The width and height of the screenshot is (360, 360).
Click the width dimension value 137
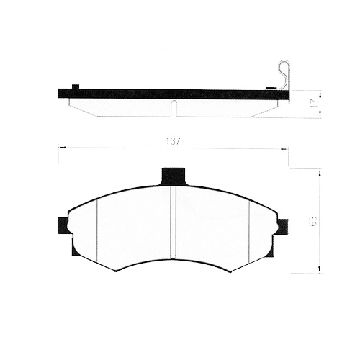click(x=173, y=141)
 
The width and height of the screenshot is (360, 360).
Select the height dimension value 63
click(x=312, y=221)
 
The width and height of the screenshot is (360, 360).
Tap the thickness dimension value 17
click(x=312, y=103)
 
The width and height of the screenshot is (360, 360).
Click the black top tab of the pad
click(x=173, y=176)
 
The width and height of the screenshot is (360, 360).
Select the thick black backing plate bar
click(x=173, y=94)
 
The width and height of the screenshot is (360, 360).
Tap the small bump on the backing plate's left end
click(x=75, y=87)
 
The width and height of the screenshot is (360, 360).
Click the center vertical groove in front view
click(x=174, y=223)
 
